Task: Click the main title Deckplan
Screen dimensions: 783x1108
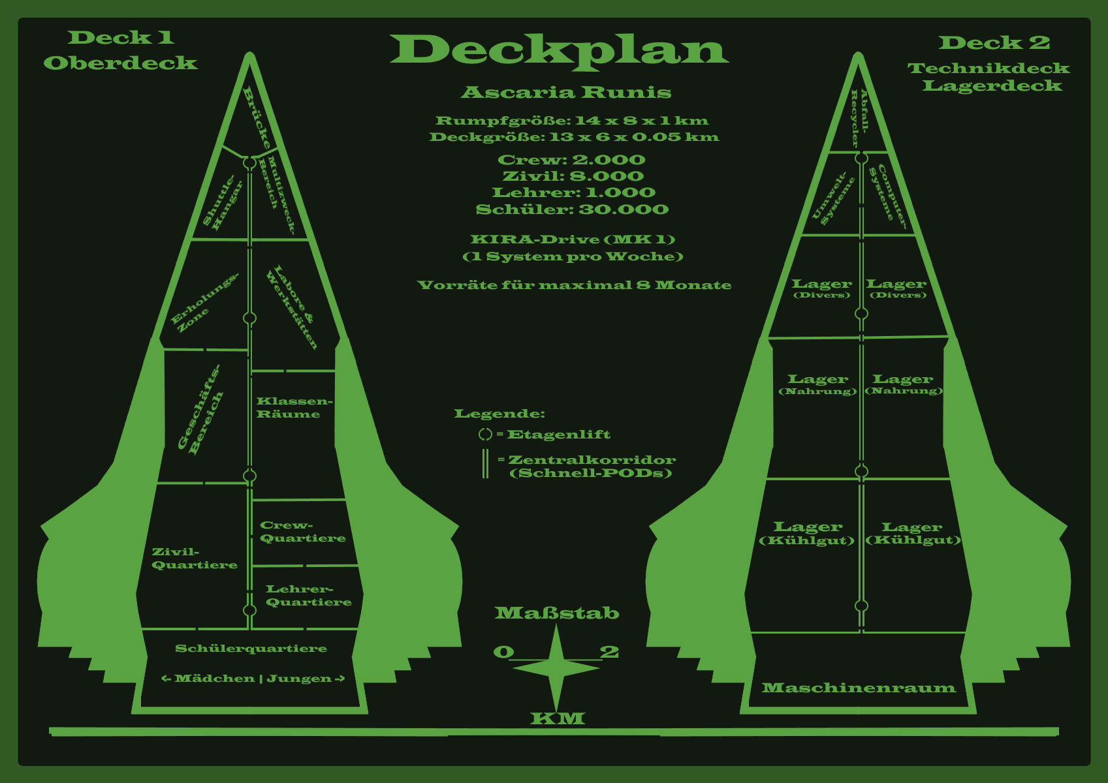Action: pyautogui.click(x=559, y=50)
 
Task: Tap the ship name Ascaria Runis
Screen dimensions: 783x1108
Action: pyautogui.click(x=565, y=93)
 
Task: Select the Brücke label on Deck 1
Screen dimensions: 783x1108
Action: pyautogui.click(x=257, y=118)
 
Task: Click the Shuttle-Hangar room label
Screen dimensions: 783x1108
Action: pyautogui.click(x=222, y=202)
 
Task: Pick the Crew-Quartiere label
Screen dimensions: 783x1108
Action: pyautogui.click(x=302, y=532)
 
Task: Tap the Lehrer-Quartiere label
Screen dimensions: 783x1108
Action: pyautogui.click(x=308, y=596)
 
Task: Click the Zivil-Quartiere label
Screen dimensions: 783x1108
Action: pyautogui.click(x=194, y=559)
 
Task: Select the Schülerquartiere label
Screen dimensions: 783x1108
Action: pyautogui.click(x=251, y=649)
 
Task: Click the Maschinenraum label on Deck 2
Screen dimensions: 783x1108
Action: pyautogui.click(x=858, y=688)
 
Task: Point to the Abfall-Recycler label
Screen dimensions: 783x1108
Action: pyautogui.click(x=860, y=117)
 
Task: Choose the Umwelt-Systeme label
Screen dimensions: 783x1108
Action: pyautogui.click(x=833, y=198)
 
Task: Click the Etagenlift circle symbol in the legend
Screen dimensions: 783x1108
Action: pyautogui.click(x=485, y=435)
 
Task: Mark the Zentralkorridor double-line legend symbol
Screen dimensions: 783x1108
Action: pyautogui.click(x=485, y=464)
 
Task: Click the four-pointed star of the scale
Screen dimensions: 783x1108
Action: pyautogui.click(x=556, y=667)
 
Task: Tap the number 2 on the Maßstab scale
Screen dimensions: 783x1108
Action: pyautogui.click(x=609, y=652)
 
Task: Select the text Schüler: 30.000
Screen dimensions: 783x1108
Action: pyautogui.click(x=572, y=209)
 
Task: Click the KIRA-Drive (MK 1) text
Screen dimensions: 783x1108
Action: pyautogui.click(x=572, y=239)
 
